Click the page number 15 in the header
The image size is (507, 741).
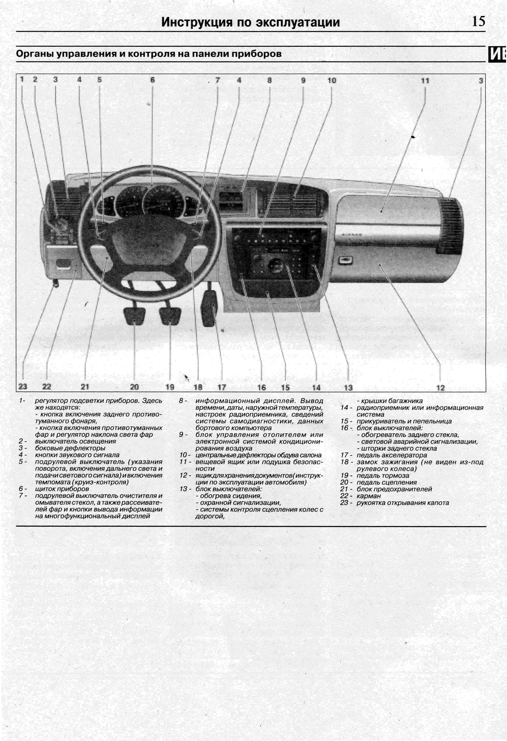click(x=478, y=21)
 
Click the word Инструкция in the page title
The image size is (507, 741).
click(x=197, y=22)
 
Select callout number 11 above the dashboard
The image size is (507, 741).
click(x=425, y=81)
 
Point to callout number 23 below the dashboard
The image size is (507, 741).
click(x=23, y=387)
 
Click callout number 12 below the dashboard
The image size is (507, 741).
click(x=440, y=388)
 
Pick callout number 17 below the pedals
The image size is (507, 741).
click(x=222, y=387)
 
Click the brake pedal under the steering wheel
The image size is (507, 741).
click(x=170, y=315)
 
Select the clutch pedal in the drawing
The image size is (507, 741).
click(x=134, y=316)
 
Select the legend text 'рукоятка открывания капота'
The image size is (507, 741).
click(x=403, y=503)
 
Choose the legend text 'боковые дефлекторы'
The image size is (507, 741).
click(x=70, y=448)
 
